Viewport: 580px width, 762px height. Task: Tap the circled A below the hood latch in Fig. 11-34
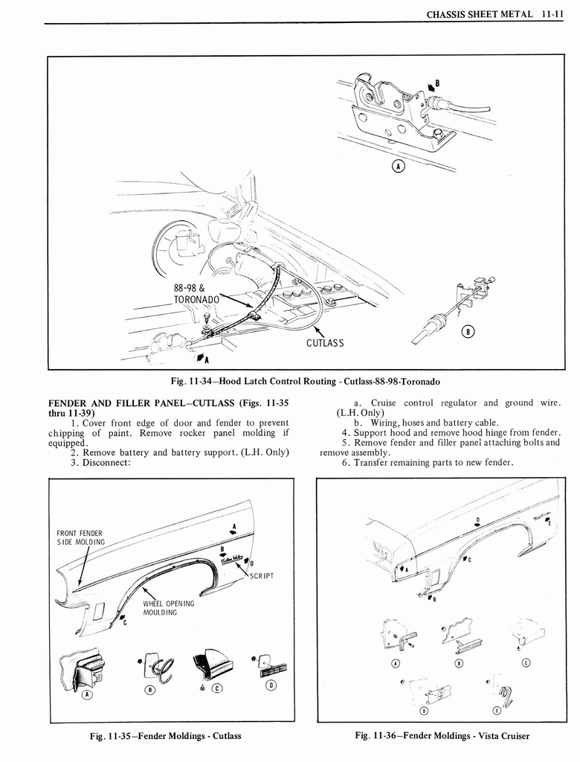[398, 167]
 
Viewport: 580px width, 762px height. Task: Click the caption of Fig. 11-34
[305, 382]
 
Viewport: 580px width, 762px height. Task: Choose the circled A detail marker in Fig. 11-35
[86, 695]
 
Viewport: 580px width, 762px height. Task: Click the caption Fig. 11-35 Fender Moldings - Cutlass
[165, 736]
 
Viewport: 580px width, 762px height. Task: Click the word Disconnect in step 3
[106, 462]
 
